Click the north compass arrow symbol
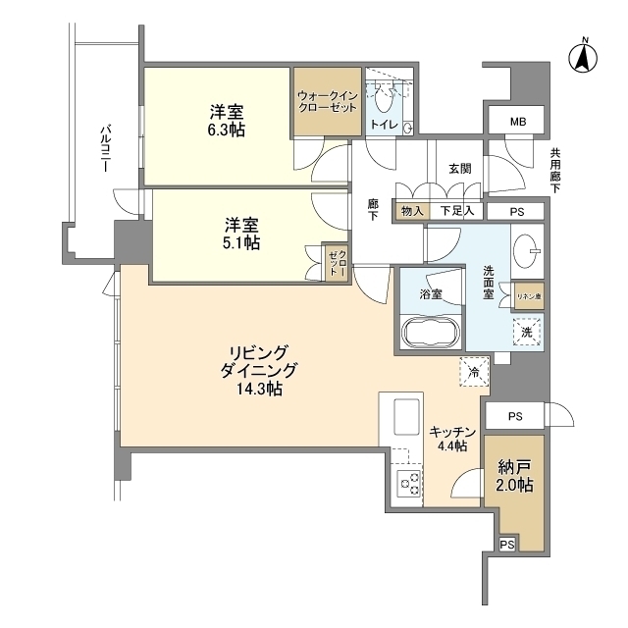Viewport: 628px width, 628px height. coord(582,56)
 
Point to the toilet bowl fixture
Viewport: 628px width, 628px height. coord(384,98)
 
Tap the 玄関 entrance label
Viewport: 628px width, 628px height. coord(460,169)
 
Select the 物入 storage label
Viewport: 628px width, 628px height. coord(412,210)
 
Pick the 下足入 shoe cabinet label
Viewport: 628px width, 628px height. coord(456,210)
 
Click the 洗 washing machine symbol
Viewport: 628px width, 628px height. coord(527,333)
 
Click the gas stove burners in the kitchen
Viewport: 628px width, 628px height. coord(407,483)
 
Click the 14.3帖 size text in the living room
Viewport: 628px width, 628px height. coord(259,390)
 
